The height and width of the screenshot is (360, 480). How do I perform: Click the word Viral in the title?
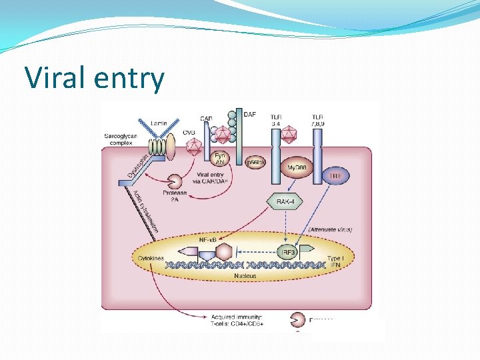point(54,79)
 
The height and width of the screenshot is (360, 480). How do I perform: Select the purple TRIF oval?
point(335,175)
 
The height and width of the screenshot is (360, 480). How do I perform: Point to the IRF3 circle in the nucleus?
point(286,253)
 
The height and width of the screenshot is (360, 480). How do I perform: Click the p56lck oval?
point(252,161)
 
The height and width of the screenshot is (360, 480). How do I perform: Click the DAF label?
point(249,115)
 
